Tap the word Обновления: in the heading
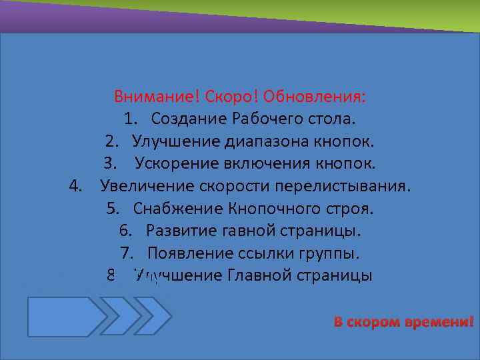click(314, 96)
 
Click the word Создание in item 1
click(189, 119)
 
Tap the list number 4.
click(75, 186)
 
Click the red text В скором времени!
click(403, 323)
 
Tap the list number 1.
click(129, 119)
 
